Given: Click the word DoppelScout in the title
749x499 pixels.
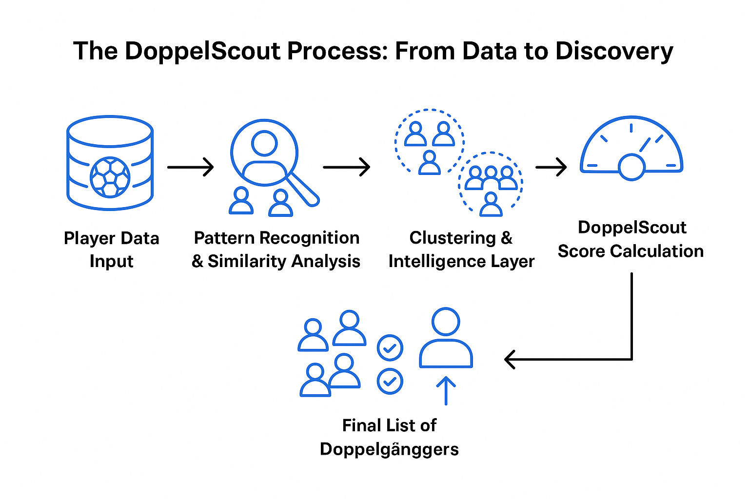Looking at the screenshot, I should click(x=202, y=52).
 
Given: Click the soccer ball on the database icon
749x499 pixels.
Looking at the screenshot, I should click(x=110, y=176).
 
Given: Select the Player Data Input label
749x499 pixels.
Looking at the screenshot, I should click(x=111, y=249).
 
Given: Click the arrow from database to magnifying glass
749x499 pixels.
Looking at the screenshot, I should click(x=190, y=167).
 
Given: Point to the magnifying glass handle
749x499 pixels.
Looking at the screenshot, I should click(x=303, y=190).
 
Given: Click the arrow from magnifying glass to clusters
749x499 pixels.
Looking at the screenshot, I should click(x=346, y=167).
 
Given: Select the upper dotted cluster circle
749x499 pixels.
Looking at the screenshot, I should click(x=429, y=141).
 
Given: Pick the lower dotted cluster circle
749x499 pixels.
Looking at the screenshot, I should click(x=491, y=184).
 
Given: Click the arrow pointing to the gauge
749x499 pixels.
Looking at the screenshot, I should click(x=551, y=167).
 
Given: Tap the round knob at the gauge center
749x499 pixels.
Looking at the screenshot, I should click(x=631, y=167).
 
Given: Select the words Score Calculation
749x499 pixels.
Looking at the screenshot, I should click(x=631, y=251).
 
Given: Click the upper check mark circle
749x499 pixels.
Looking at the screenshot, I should click(x=390, y=348).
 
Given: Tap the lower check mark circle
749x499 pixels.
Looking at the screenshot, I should click(x=390, y=381).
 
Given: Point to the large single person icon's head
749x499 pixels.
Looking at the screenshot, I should click(x=446, y=322).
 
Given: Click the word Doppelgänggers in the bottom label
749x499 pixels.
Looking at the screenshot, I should click(x=389, y=449).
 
